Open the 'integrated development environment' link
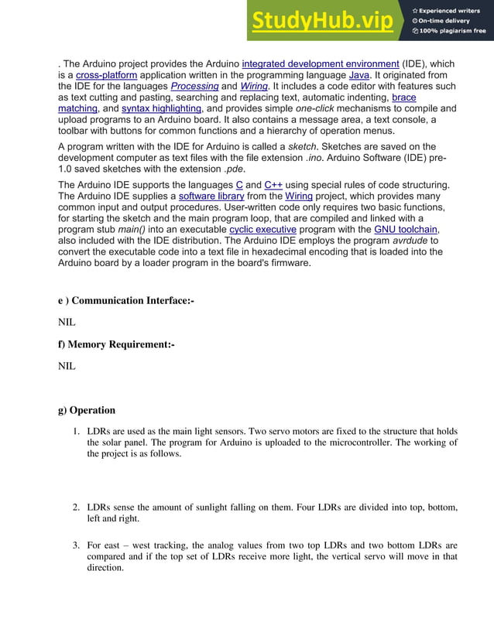[x=321, y=63]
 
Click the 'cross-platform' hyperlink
[x=107, y=75]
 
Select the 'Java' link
[x=358, y=75]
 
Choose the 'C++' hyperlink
[x=273, y=185]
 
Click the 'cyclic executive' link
[x=262, y=230]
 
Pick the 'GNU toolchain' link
[x=406, y=230]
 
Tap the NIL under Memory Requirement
[x=67, y=365]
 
